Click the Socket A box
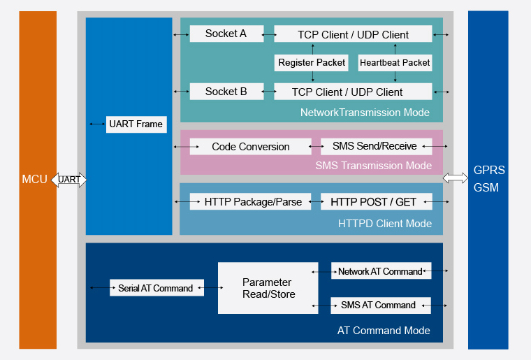click(x=226, y=34)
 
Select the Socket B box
click(x=226, y=92)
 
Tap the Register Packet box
click(x=312, y=63)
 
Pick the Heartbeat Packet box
click(x=395, y=63)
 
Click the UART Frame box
click(x=136, y=124)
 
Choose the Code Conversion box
click(x=250, y=147)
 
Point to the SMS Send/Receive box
click(x=375, y=146)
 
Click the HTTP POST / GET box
click(x=374, y=202)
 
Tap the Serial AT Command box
click(x=156, y=288)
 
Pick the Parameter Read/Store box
click(x=268, y=288)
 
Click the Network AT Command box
click(x=381, y=271)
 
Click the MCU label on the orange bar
click(x=34, y=180)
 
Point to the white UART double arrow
click(x=69, y=180)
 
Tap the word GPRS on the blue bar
click(x=489, y=170)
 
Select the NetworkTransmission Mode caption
click(x=365, y=113)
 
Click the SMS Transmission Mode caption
click(x=373, y=166)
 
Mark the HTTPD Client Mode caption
click(x=384, y=223)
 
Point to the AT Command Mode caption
click(x=384, y=331)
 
